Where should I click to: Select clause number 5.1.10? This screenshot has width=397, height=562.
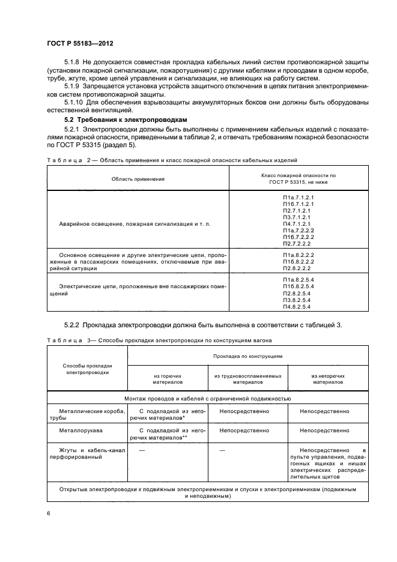74,102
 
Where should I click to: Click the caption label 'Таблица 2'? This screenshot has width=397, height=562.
67,160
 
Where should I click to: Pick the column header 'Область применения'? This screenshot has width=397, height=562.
138,178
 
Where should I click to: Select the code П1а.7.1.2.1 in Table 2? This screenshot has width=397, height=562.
299,197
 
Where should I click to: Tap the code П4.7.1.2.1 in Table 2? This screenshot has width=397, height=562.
299,223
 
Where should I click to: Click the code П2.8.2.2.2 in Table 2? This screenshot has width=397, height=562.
299,268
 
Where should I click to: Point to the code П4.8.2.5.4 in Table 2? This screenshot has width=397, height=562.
299,307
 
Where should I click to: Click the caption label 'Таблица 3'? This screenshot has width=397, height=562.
67,340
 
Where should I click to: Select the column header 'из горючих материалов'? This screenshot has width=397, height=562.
168,378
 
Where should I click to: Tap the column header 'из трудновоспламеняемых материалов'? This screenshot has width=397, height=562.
248,378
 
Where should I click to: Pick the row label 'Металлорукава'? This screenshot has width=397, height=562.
79,431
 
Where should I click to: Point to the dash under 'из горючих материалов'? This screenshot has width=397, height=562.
142,450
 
